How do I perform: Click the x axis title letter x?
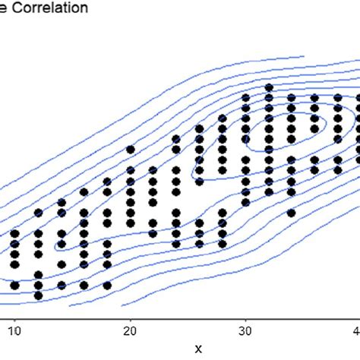(198, 349)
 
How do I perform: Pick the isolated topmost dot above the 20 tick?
(130, 150)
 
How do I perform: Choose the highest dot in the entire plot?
(267, 87)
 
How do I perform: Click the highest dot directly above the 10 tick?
(15, 233)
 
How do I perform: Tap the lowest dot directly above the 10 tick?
(15, 285)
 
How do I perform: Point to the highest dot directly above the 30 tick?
(245, 97)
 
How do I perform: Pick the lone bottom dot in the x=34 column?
(291, 213)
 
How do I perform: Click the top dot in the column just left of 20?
(107, 181)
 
